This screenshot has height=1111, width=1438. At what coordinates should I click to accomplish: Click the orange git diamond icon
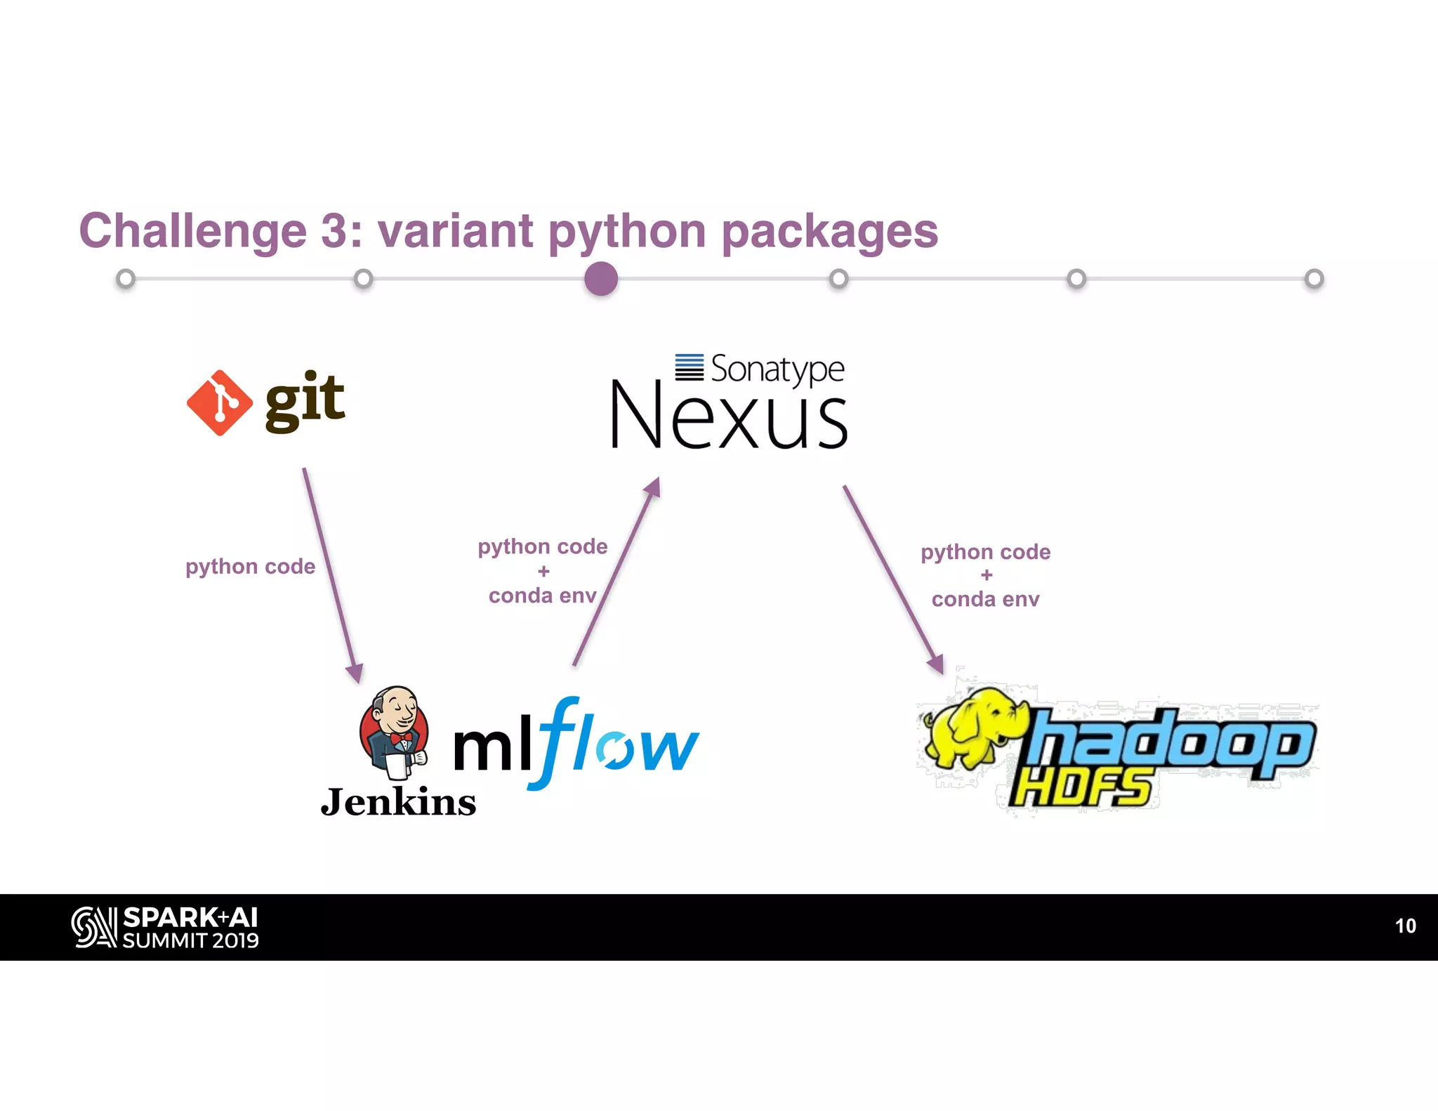pos(220,403)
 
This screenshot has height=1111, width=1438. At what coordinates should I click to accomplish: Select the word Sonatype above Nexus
pos(777,369)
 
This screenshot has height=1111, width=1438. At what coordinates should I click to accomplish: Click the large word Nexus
pos(729,418)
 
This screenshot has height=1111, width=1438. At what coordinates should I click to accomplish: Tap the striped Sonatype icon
pos(689,367)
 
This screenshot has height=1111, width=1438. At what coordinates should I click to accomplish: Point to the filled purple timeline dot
pos(601,279)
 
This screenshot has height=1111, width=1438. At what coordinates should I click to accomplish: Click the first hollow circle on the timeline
pos(126,279)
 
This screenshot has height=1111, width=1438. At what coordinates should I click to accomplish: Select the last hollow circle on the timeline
pos(1314,279)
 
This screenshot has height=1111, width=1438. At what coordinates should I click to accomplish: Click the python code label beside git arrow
pos(250,567)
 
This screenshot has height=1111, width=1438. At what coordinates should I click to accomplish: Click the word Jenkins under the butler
pos(398,802)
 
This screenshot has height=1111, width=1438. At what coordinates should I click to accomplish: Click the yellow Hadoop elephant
pos(972,727)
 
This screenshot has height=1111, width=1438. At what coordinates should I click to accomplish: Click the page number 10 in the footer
pos(1405,926)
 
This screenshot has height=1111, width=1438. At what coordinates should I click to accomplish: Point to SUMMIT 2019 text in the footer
pos(190,940)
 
